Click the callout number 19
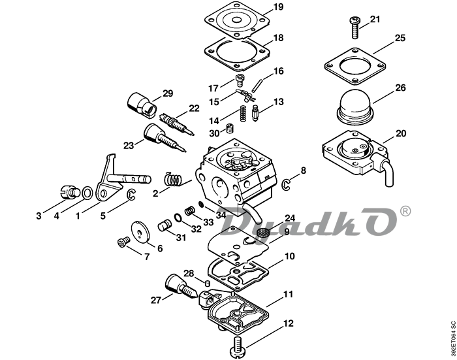278,7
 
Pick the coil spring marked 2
172,178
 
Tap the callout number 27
155,300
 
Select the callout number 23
128,145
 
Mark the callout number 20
400,133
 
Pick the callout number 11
288,295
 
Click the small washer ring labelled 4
86,193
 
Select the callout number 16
278,71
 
